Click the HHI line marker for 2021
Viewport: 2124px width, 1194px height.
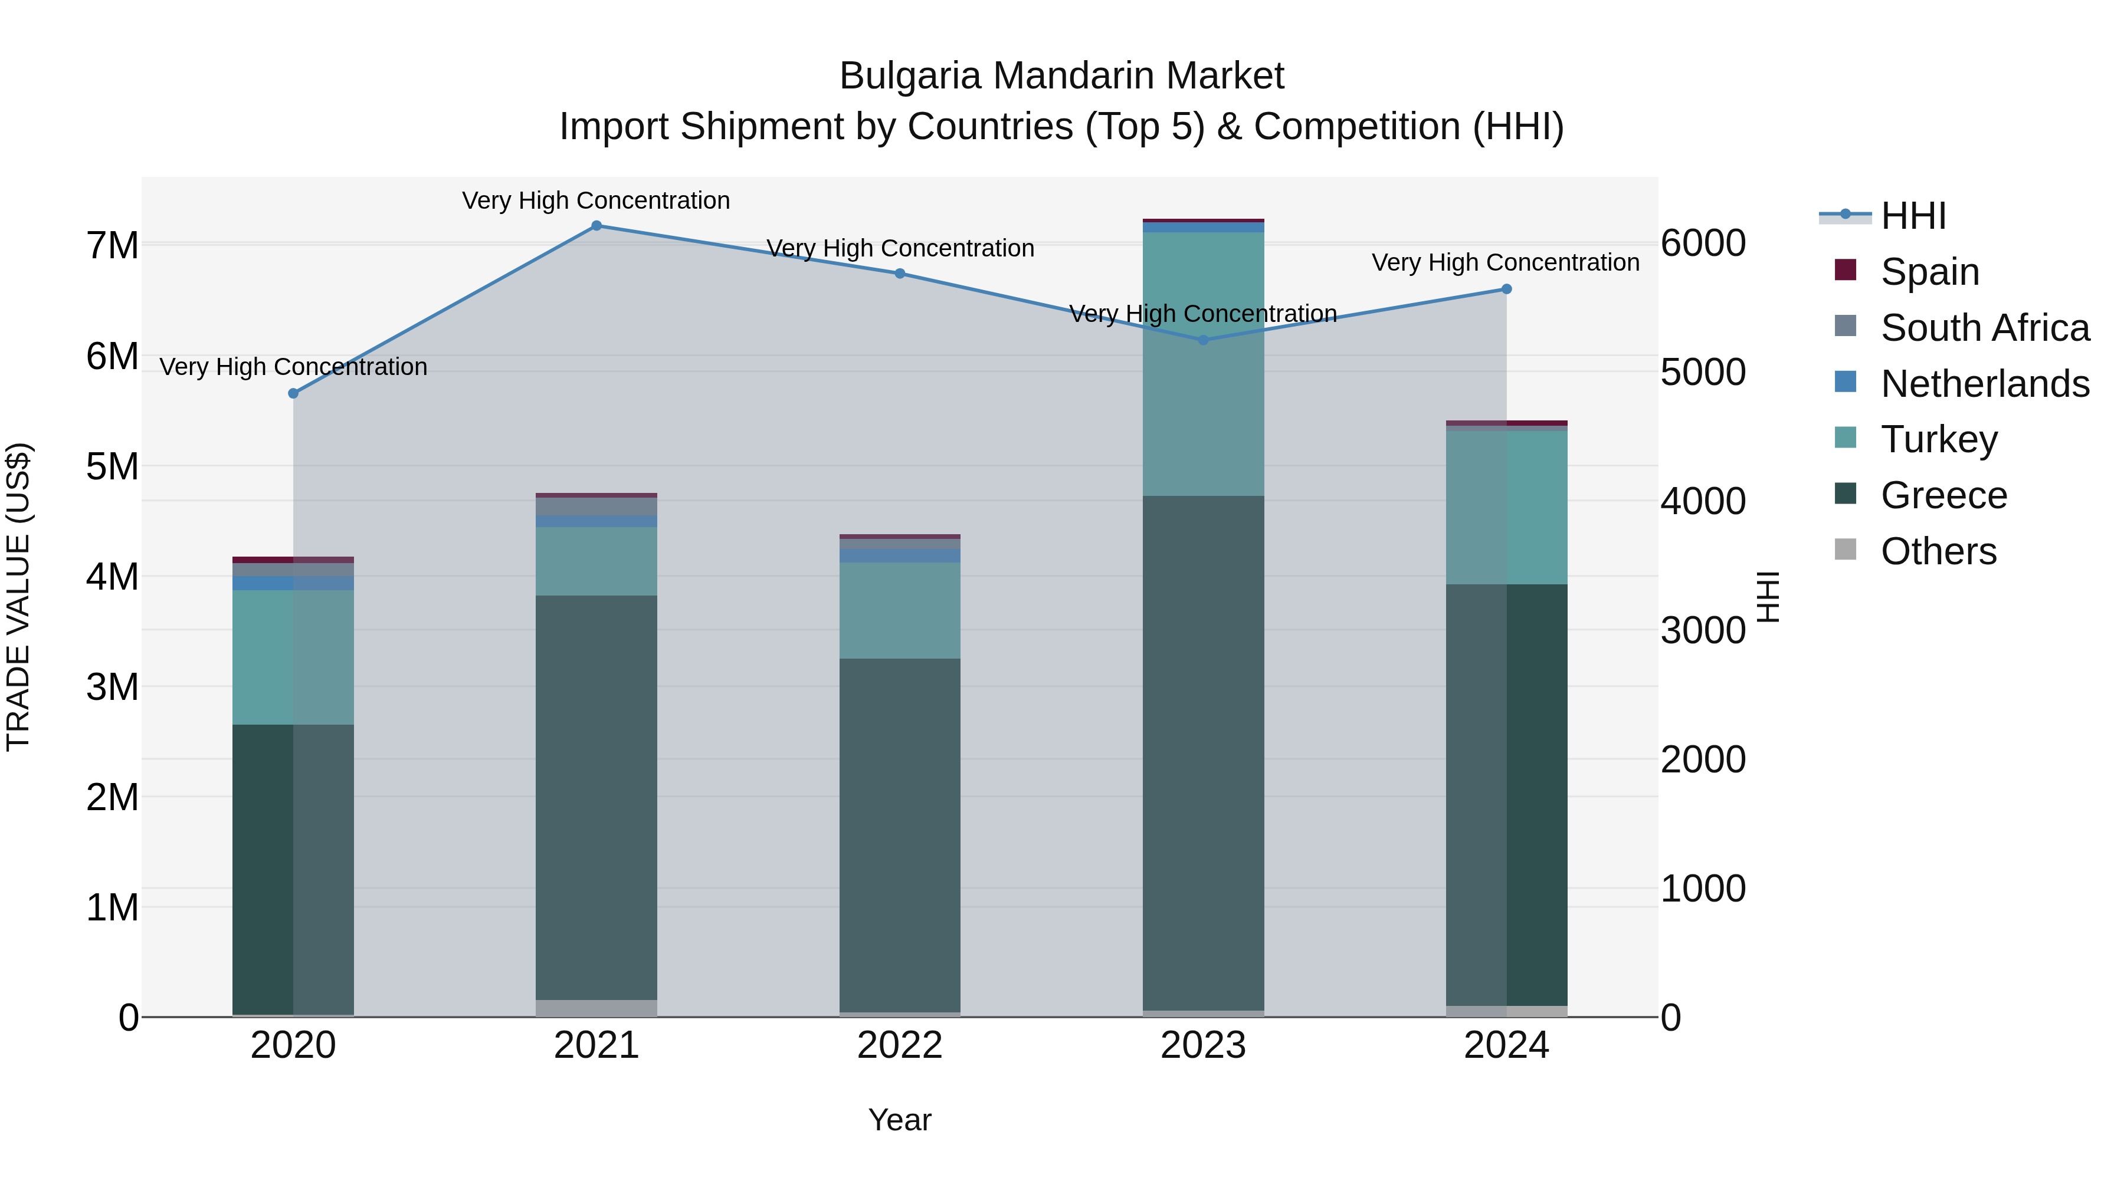[596, 226]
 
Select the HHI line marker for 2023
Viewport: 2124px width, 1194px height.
[1202, 340]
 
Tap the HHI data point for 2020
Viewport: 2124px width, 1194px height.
[294, 394]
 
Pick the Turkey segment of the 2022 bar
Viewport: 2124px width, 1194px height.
[900, 611]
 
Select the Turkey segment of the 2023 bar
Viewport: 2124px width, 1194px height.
[1203, 364]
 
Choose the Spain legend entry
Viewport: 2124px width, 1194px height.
[1929, 271]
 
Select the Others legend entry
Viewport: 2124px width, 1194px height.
[1938, 551]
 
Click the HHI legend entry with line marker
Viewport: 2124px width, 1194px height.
[1913, 216]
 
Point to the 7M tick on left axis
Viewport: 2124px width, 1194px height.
[113, 245]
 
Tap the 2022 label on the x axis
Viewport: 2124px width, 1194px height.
[900, 1045]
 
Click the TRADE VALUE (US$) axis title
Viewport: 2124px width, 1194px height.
[18, 597]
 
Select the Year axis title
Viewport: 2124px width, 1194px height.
[900, 1120]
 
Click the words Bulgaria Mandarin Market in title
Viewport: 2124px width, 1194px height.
[1061, 76]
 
